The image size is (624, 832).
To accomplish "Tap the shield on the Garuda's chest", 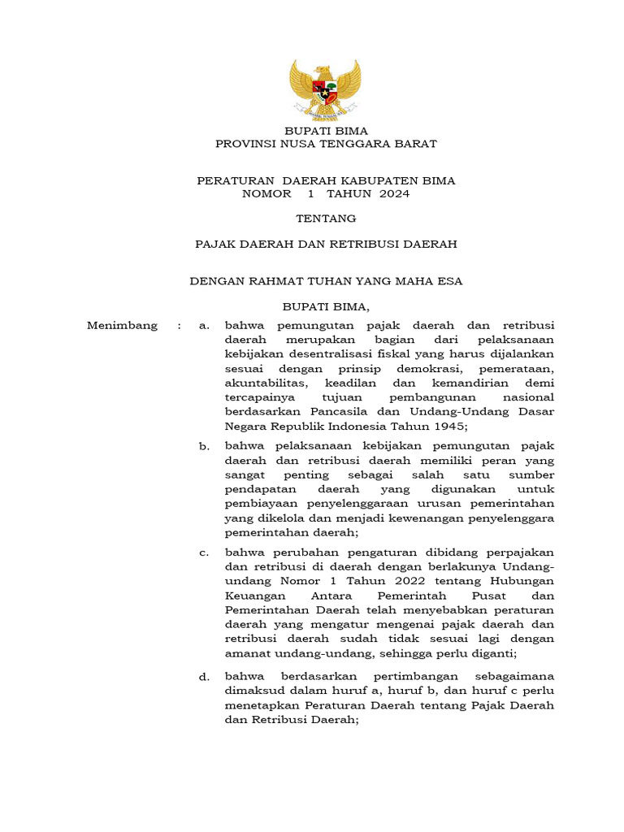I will pyautogui.click(x=325, y=89).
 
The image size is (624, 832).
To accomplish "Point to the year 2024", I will pyautogui.click(x=395, y=194).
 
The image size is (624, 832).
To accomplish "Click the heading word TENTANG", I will pyautogui.click(x=325, y=219).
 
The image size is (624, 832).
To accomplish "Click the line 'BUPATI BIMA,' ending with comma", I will pyautogui.click(x=325, y=307).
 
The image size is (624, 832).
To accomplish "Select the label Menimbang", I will pyautogui.click(x=122, y=326).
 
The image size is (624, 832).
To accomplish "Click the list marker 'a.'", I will pyautogui.click(x=205, y=326).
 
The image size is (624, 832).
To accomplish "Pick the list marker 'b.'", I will pyautogui.click(x=205, y=446).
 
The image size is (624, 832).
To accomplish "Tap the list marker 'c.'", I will pyautogui.click(x=205, y=552).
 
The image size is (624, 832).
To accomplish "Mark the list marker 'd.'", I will pyautogui.click(x=205, y=677).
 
